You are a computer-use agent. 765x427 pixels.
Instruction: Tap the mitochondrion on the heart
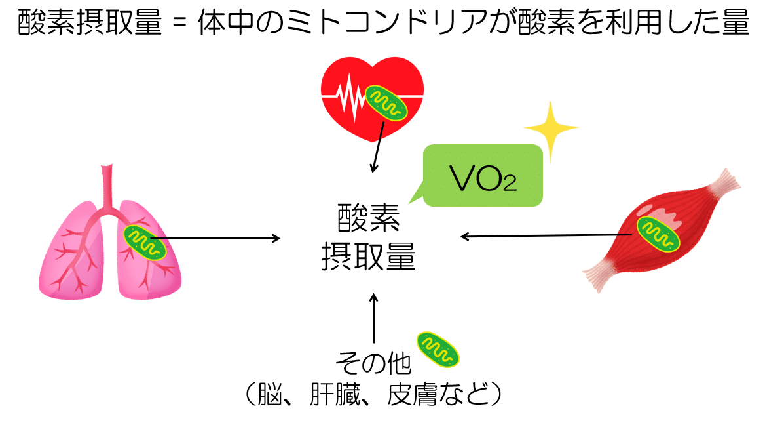[x=386, y=102]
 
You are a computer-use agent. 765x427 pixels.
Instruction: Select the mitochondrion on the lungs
[x=145, y=241]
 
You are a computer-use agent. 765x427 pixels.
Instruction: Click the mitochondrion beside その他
[x=438, y=348]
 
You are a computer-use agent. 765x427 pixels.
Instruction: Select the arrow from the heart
[x=377, y=148]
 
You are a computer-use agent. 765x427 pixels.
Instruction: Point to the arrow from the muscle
[x=544, y=235]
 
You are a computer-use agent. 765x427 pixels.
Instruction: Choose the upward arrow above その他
[x=374, y=318]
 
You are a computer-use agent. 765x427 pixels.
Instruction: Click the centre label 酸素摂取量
[x=368, y=237]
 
